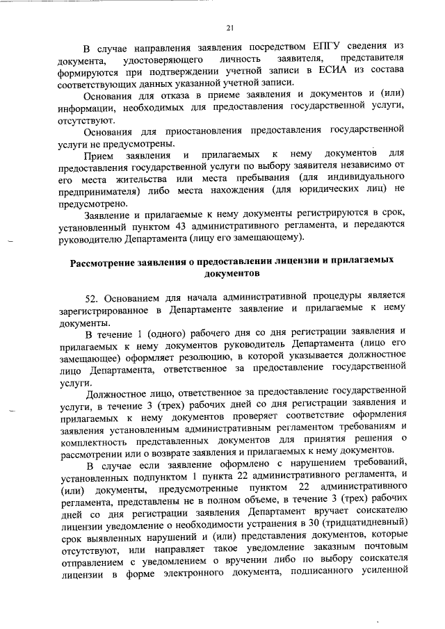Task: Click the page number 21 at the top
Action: [229, 28]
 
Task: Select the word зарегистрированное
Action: [106, 310]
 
